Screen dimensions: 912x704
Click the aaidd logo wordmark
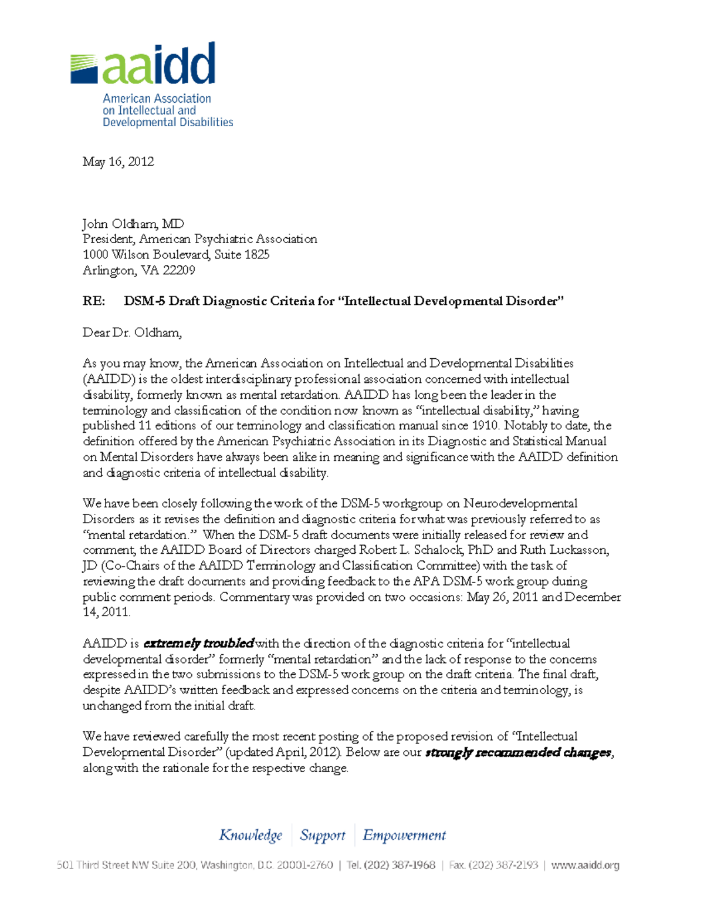159,64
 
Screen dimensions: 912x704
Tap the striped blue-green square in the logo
83,69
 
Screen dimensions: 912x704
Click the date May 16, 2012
118,161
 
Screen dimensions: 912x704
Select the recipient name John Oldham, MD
133,224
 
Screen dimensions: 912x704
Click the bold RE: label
94,301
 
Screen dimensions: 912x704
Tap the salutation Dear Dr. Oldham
132,332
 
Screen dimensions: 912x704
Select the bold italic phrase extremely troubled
198,643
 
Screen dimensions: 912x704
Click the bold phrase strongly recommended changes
519,752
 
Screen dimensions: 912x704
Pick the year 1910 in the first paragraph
485,425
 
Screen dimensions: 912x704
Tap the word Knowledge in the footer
251,835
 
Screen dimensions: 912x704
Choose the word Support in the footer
322,835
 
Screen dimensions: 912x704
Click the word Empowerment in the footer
404,835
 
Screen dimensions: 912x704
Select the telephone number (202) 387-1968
399,865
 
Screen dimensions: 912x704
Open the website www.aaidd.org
585,865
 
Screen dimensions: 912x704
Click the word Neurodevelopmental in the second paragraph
520,503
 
